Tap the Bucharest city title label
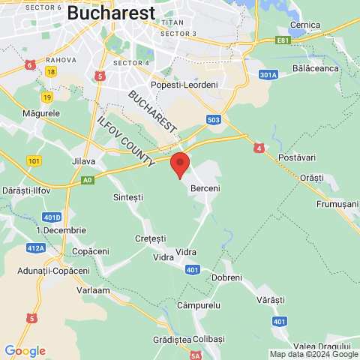point(111,13)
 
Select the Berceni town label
point(205,188)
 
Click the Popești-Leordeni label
point(184,85)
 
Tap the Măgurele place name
point(41,112)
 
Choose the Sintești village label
point(127,196)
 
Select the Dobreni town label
point(227,277)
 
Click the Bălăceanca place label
point(316,68)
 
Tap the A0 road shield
point(88,180)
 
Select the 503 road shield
point(213,119)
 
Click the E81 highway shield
point(282,40)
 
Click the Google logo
point(24,350)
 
